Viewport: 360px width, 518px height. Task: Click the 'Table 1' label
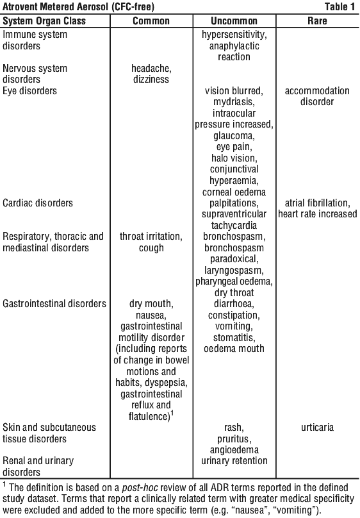340,6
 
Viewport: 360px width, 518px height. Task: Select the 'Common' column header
151,21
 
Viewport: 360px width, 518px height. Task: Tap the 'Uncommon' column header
234,21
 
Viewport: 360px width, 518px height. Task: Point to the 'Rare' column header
317,21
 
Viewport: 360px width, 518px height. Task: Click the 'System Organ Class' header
44,21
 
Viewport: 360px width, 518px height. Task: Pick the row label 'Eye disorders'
29,91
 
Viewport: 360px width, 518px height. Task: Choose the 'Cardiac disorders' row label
38,203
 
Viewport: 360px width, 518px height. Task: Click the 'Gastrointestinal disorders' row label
54,304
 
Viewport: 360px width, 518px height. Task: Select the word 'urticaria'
317,428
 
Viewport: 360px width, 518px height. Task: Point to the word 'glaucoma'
234,136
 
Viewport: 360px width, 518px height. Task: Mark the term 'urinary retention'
234,461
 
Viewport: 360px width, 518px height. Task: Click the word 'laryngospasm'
234,271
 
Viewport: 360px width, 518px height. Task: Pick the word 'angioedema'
234,450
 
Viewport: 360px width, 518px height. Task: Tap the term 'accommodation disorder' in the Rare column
317,96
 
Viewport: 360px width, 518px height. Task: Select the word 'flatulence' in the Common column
149,416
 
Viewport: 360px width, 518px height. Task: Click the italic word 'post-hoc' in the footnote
140,488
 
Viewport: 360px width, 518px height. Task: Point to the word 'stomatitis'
234,338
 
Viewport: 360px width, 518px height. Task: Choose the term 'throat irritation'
151,237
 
